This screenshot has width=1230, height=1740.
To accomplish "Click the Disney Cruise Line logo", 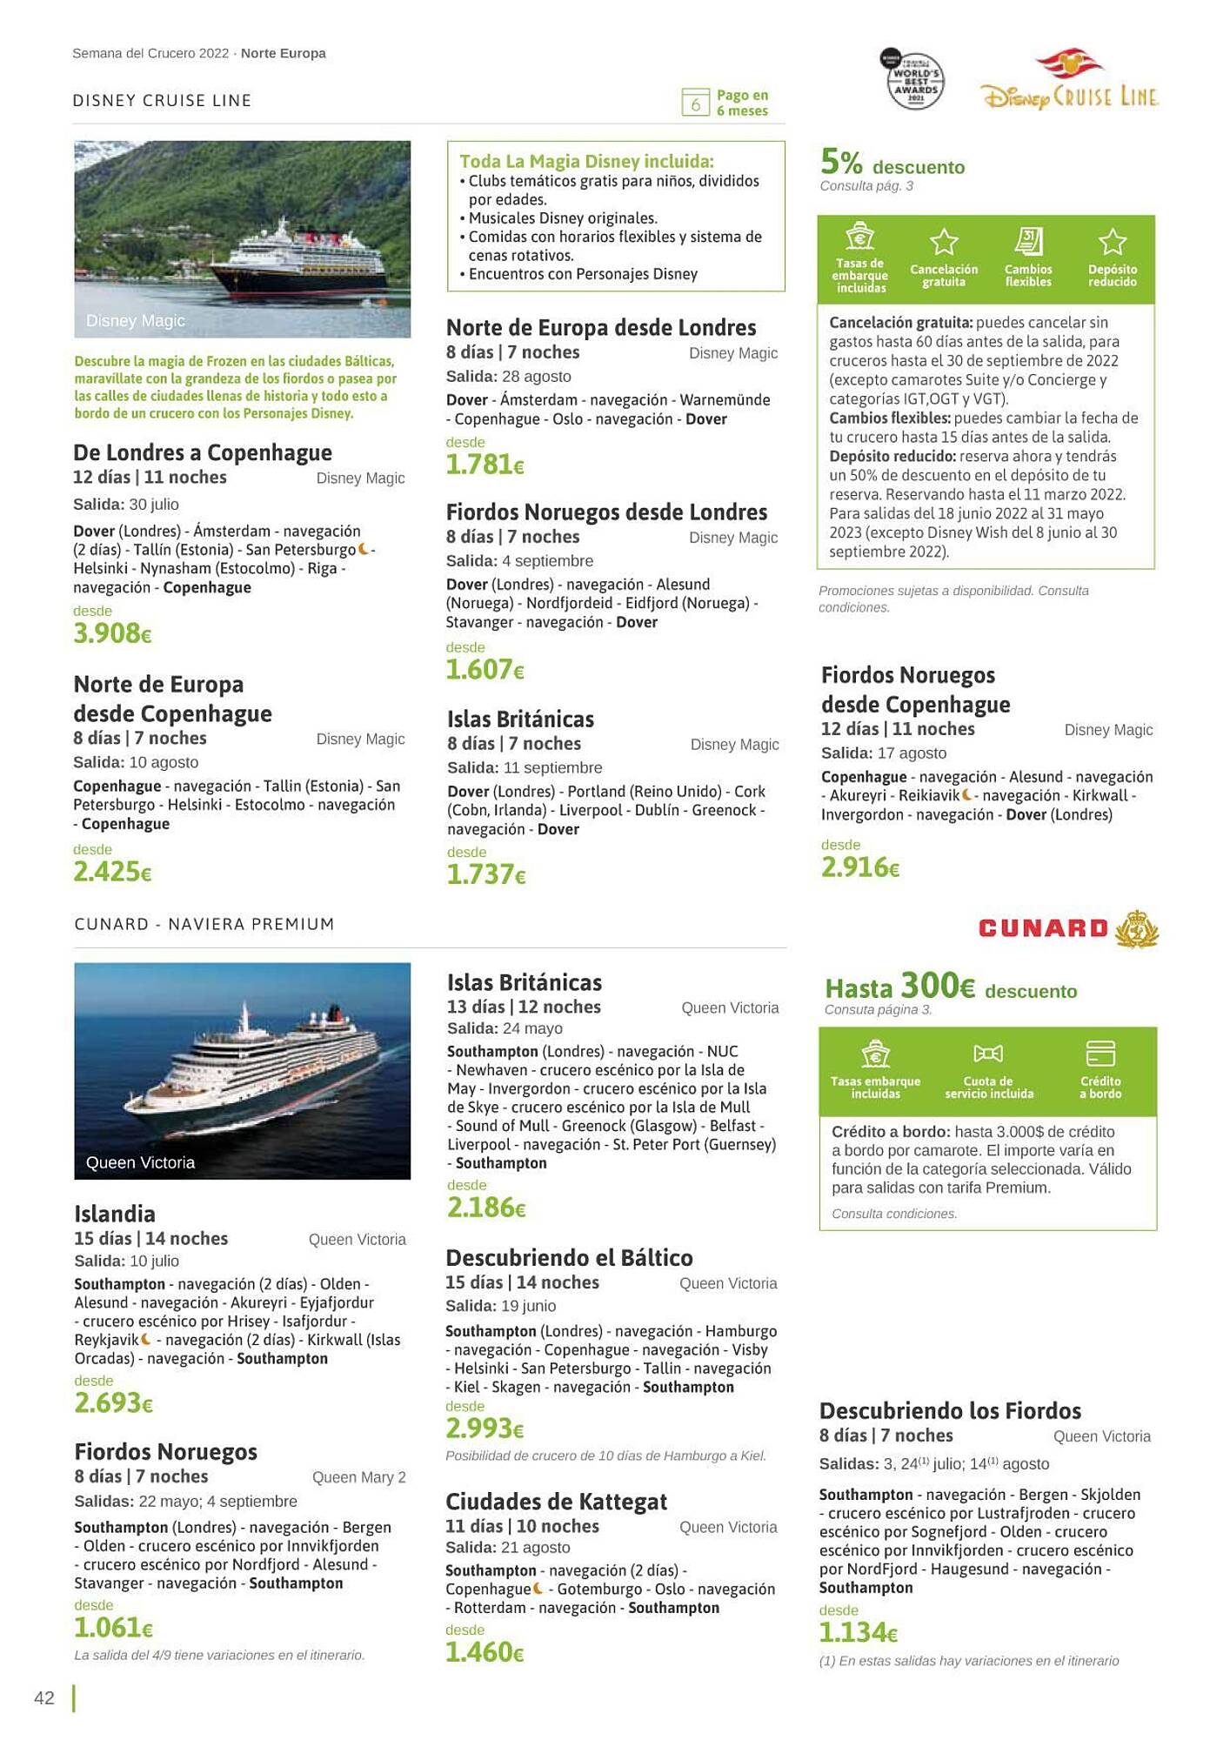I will coord(1070,85).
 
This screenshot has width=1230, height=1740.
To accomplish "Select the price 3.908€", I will coord(112,633).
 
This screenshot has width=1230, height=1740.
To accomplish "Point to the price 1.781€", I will coord(485,465).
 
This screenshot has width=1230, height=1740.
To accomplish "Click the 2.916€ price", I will coord(859,867).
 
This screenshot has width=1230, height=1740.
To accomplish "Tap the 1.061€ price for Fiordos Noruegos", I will coord(113,1627).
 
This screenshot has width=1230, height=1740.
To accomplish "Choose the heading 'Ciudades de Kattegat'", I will coord(556,1502).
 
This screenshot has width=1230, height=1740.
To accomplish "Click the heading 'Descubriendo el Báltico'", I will coord(569,1257).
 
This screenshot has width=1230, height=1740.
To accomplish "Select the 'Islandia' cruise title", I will coord(115,1214).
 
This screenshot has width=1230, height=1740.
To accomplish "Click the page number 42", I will coord(44,1697).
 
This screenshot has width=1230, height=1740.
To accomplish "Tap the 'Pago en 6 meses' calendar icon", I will coord(695,103).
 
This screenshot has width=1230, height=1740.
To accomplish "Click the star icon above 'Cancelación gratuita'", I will coord(944,242).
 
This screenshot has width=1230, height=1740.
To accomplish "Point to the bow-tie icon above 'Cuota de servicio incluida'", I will coord(988,1054).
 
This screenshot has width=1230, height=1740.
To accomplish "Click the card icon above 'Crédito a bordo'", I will coord(1100,1053).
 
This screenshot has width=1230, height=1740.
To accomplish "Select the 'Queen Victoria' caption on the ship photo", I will coord(140,1162).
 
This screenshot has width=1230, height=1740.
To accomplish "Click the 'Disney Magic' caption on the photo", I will coord(136,320).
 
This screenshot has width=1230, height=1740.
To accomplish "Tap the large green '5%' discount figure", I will coord(841,162).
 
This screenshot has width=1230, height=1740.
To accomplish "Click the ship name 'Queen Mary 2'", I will coord(358,1477).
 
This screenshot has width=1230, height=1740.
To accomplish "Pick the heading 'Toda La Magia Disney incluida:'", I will coord(586,161).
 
